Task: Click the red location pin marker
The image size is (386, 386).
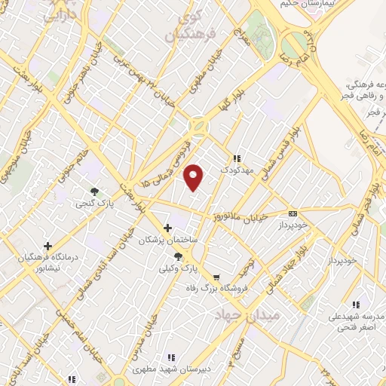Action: tap(195, 176)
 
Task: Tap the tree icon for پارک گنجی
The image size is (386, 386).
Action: tap(94, 191)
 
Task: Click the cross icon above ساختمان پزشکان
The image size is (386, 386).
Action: tap(168, 227)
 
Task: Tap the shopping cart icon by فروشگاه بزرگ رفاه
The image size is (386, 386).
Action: tap(217, 278)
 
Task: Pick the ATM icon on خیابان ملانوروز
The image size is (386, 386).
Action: tap(293, 213)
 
